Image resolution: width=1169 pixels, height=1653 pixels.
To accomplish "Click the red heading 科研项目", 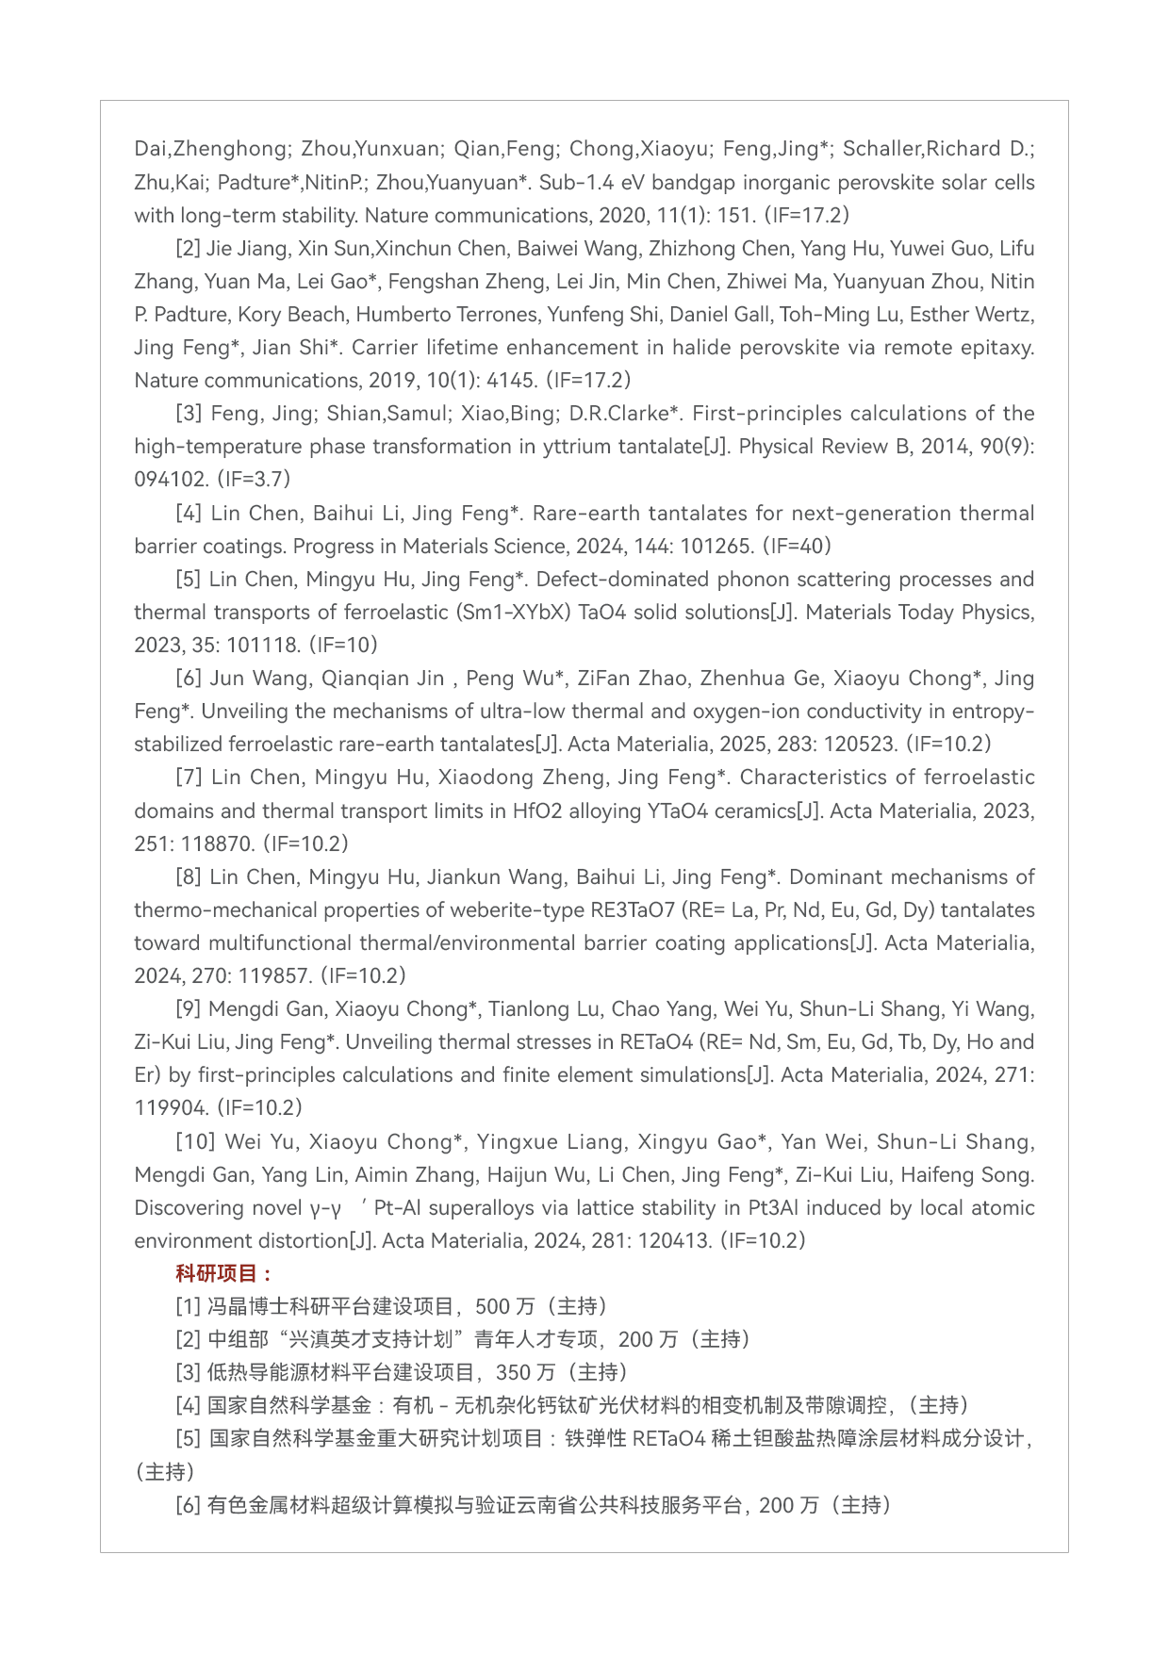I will (218, 1273).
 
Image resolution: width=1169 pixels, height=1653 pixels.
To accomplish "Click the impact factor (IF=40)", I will (798, 546).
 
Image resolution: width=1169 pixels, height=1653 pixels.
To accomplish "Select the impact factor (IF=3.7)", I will (255, 479).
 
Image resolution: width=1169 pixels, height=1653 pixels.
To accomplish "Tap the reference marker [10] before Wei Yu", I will (195, 1141).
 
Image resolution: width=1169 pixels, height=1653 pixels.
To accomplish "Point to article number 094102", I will (171, 479).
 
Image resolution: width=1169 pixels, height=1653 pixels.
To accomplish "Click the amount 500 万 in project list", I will (504, 1306).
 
